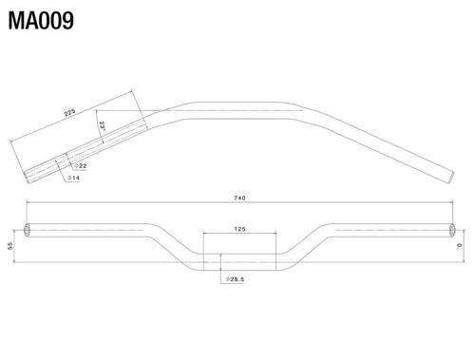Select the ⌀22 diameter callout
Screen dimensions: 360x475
coord(80,167)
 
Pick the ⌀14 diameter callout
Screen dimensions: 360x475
coord(72,179)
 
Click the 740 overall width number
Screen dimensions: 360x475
coord(239,198)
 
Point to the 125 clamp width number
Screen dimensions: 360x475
coord(239,229)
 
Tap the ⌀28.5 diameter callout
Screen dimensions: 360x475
coord(237,279)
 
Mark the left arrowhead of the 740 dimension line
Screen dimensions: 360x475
coord(28,202)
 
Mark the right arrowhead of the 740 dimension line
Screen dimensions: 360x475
coord(451,202)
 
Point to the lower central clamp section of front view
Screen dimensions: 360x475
coord(239,259)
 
